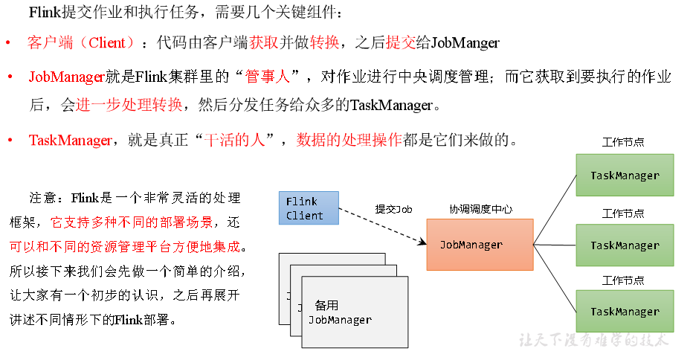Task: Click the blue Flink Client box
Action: pos(309,208)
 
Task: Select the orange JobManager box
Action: pos(480,245)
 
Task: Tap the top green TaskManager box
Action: pos(625,175)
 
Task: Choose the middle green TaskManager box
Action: pos(625,245)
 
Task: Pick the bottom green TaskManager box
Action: pos(625,312)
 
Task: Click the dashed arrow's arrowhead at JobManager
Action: pos(424,242)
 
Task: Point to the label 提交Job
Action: pos(393,209)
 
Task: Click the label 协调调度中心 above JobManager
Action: pos(481,209)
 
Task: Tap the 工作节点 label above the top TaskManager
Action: pos(623,142)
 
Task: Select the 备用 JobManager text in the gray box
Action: pos(340,312)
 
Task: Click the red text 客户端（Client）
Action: pos(81,42)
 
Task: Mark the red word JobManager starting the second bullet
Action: pos(67,77)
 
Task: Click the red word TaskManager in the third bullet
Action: pos(71,140)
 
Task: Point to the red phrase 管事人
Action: pos(268,77)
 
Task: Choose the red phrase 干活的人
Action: pos(234,140)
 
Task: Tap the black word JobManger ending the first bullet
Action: pos(465,43)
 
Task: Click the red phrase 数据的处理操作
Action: pos(349,140)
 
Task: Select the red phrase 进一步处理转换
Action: pos(129,105)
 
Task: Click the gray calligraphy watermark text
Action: pos(593,340)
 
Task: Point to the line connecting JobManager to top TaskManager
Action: pos(555,210)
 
